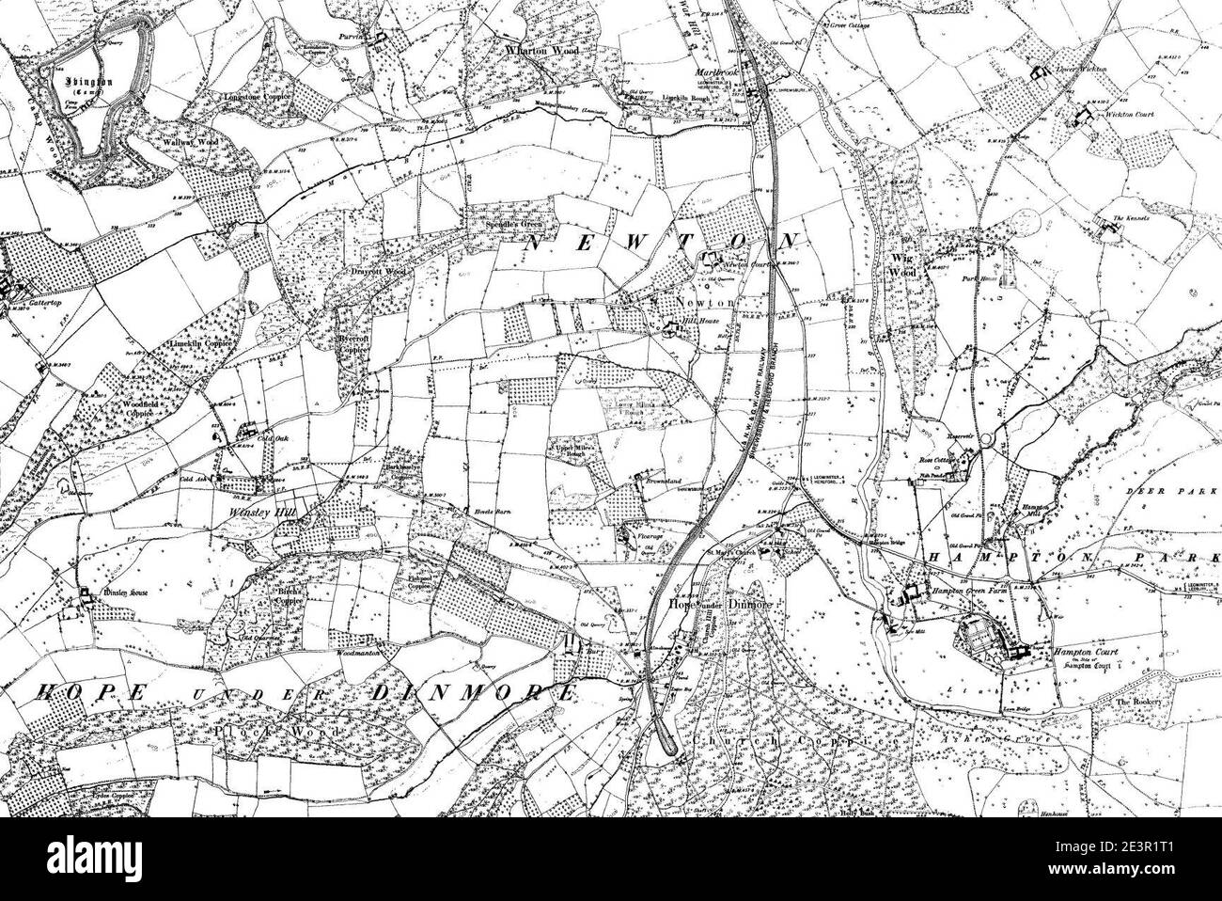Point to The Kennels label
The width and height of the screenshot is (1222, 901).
click(1131, 218)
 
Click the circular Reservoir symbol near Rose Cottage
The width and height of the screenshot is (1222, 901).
click(987, 438)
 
